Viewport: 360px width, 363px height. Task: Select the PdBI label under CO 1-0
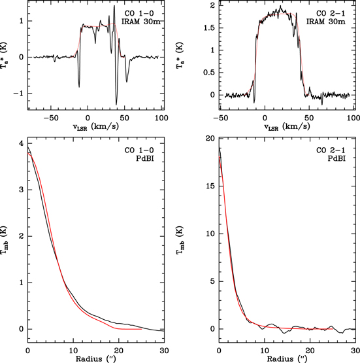pos(148,161)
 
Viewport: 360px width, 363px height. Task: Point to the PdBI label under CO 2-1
pos(342,161)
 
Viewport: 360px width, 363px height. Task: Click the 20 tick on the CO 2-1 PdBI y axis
pos(210,139)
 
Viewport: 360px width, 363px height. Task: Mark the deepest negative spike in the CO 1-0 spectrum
pos(116,103)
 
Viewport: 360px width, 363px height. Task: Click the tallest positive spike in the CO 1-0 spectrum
pos(114,7)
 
